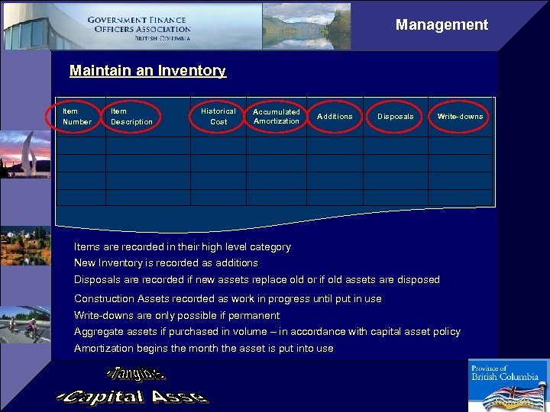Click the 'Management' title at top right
[442, 25]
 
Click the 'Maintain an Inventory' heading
[147, 71]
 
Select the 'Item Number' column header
[76, 117]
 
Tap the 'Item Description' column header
[131, 117]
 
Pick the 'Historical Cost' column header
[218, 117]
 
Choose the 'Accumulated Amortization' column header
[277, 117]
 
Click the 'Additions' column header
[335, 117]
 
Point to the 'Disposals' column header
[396, 117]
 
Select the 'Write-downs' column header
[460, 117]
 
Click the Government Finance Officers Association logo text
[138, 28]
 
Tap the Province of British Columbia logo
[504, 385]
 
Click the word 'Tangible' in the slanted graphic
[137, 374]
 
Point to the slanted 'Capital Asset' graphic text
[133, 397]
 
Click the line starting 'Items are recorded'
[183, 247]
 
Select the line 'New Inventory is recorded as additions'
[166, 263]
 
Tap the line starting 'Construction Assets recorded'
[228, 299]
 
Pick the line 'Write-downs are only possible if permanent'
[176, 316]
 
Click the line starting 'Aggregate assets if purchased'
[267, 332]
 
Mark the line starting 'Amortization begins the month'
[204, 349]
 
